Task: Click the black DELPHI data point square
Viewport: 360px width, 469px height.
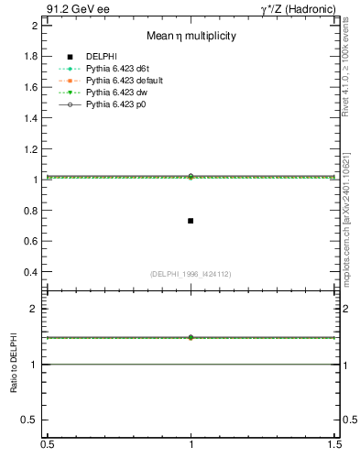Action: pos(191,221)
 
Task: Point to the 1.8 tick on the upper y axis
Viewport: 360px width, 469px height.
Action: pos(31,56)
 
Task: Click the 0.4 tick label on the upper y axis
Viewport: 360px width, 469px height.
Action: pos(31,273)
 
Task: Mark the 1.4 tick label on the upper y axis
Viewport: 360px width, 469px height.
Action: pos(31,118)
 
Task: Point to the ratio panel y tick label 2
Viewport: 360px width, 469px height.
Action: pos(35,309)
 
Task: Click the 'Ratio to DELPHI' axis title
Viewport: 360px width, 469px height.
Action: pos(14,365)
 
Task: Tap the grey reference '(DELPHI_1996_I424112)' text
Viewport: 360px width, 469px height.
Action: pos(191,273)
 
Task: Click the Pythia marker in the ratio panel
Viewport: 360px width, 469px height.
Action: pos(191,337)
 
